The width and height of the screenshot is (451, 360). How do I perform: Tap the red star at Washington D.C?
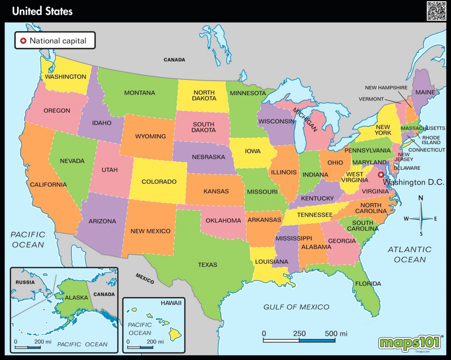tap(381, 174)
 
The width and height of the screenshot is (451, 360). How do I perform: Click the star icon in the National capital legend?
tap(23, 41)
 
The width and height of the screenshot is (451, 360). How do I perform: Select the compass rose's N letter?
tap(421, 198)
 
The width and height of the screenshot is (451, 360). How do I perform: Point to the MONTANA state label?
tap(139, 93)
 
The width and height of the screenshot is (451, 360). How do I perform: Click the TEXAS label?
tap(207, 265)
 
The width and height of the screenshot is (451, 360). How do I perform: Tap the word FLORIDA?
tap(368, 283)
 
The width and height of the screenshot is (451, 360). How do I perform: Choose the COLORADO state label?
tap(159, 182)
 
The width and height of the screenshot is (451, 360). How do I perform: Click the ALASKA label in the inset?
tap(77, 298)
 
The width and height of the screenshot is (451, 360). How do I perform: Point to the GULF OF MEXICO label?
tap(296, 307)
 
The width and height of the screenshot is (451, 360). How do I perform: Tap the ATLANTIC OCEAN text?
tap(410, 255)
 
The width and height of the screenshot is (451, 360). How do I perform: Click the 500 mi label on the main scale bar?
tap(336, 334)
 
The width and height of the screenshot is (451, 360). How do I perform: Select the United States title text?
tap(42, 11)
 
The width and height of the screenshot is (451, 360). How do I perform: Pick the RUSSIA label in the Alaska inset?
tap(25, 282)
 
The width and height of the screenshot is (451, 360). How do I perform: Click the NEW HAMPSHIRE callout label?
tap(386, 88)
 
